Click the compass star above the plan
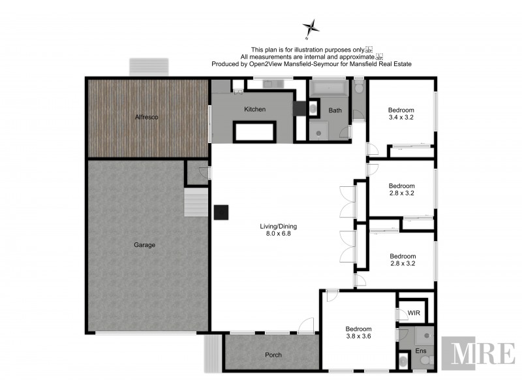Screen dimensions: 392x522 (x=311, y=28)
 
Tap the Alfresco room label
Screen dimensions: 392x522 (x=147, y=117)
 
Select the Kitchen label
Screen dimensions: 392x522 (x=254, y=109)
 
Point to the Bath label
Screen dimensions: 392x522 (x=335, y=110)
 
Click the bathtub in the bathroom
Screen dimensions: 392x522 (x=330, y=88)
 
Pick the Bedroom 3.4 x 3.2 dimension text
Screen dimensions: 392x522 (x=401, y=118)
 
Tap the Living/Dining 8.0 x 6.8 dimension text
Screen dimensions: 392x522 (x=275, y=233)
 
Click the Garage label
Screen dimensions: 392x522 (x=144, y=245)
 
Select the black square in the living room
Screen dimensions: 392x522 (x=221, y=212)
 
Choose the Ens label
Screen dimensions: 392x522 (x=422, y=351)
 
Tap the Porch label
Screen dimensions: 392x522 (x=273, y=355)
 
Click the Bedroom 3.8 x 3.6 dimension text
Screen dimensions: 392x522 (x=358, y=336)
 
